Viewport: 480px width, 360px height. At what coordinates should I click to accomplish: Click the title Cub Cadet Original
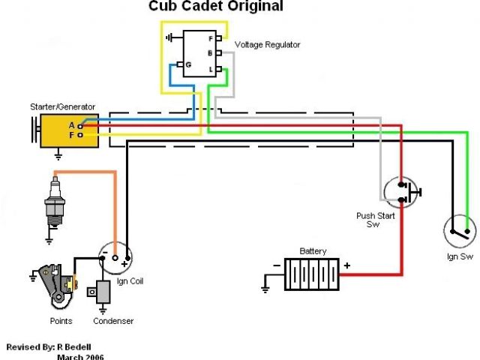(x=216, y=7)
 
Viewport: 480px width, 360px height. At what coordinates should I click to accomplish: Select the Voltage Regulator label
(x=267, y=45)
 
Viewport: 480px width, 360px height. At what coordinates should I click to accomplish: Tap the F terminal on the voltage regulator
(x=220, y=37)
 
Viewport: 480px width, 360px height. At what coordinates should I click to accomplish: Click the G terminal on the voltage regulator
(x=181, y=65)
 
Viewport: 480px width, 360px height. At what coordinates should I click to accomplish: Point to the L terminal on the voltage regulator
(x=220, y=69)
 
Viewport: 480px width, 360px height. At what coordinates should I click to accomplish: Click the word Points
(x=61, y=321)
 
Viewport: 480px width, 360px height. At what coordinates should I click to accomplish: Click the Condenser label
(x=113, y=321)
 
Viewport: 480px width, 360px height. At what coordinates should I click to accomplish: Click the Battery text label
(x=313, y=251)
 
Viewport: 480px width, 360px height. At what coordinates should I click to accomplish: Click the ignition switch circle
(x=459, y=229)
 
